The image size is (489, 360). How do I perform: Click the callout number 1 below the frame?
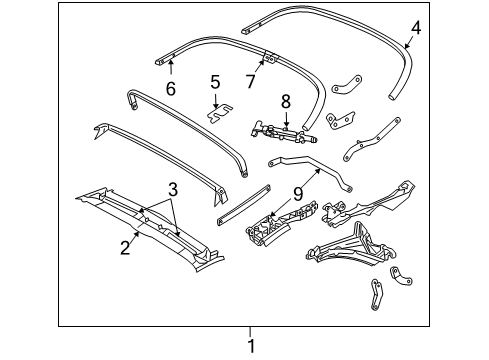pos(251,345)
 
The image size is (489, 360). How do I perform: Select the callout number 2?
pos(124,243)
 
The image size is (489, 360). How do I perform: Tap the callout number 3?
pos(172,188)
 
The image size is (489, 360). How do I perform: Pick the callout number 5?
pos(214,83)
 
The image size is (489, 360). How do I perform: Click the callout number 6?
pos(170,89)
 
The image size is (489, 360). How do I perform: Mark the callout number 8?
pos(285,101)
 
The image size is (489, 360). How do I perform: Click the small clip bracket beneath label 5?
pos(219,113)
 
